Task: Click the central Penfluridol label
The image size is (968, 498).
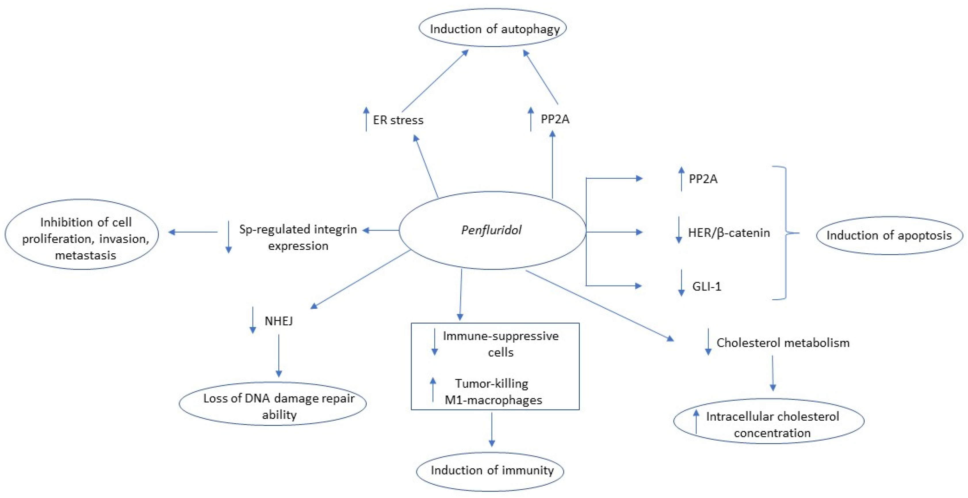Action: [x=491, y=230]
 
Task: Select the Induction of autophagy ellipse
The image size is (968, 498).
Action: [x=493, y=28]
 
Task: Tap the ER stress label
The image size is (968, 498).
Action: [x=398, y=120]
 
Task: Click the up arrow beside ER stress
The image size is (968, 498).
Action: [x=366, y=119]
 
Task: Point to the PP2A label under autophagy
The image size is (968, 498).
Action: [x=555, y=119]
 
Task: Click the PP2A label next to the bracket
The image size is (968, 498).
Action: [x=703, y=179]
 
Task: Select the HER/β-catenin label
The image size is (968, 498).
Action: [x=729, y=233]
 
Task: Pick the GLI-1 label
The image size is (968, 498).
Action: [x=707, y=287]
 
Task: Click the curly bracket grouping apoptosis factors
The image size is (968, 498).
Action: [x=785, y=233]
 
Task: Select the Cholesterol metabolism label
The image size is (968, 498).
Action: [x=783, y=343]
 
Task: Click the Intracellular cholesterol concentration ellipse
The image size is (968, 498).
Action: [x=769, y=421]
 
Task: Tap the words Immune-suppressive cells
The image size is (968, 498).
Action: [x=500, y=344]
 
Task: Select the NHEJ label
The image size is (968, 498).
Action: [x=278, y=321]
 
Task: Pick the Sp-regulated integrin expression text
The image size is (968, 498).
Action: [x=298, y=237]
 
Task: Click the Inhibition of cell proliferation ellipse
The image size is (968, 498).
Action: [x=82, y=234]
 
